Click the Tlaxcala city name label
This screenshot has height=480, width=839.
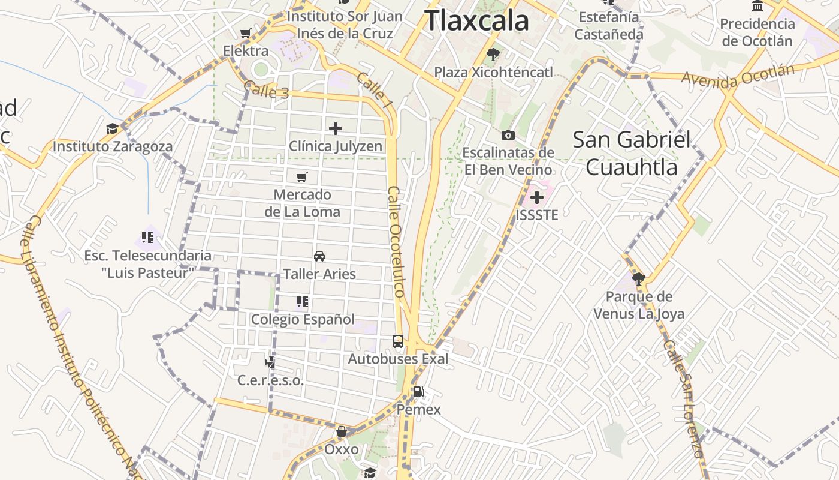pyautogui.click(x=477, y=20)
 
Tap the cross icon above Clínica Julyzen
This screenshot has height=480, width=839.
pyautogui.click(x=336, y=128)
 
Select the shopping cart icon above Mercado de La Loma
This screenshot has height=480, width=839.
pyautogui.click(x=302, y=177)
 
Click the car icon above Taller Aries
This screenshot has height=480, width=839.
pyautogui.click(x=319, y=256)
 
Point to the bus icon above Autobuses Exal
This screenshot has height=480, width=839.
pyautogui.click(x=397, y=341)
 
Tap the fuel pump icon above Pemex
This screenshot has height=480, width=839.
pyautogui.click(x=418, y=392)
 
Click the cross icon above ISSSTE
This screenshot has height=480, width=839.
pyautogui.click(x=537, y=197)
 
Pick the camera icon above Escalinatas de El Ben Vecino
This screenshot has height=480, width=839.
pyautogui.click(x=508, y=135)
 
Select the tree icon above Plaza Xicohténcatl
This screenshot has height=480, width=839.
pyautogui.click(x=493, y=55)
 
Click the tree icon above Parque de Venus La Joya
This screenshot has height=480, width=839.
pyautogui.click(x=638, y=278)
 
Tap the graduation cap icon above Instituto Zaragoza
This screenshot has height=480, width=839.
pyautogui.click(x=112, y=129)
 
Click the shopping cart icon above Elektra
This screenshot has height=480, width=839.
pyautogui.click(x=245, y=34)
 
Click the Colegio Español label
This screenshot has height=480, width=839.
pyautogui.click(x=303, y=319)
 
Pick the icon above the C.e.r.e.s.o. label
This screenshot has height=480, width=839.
pyautogui.click(x=270, y=362)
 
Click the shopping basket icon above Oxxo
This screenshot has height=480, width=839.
pyautogui.click(x=342, y=431)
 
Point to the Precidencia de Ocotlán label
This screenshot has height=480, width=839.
pyautogui.click(x=757, y=32)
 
